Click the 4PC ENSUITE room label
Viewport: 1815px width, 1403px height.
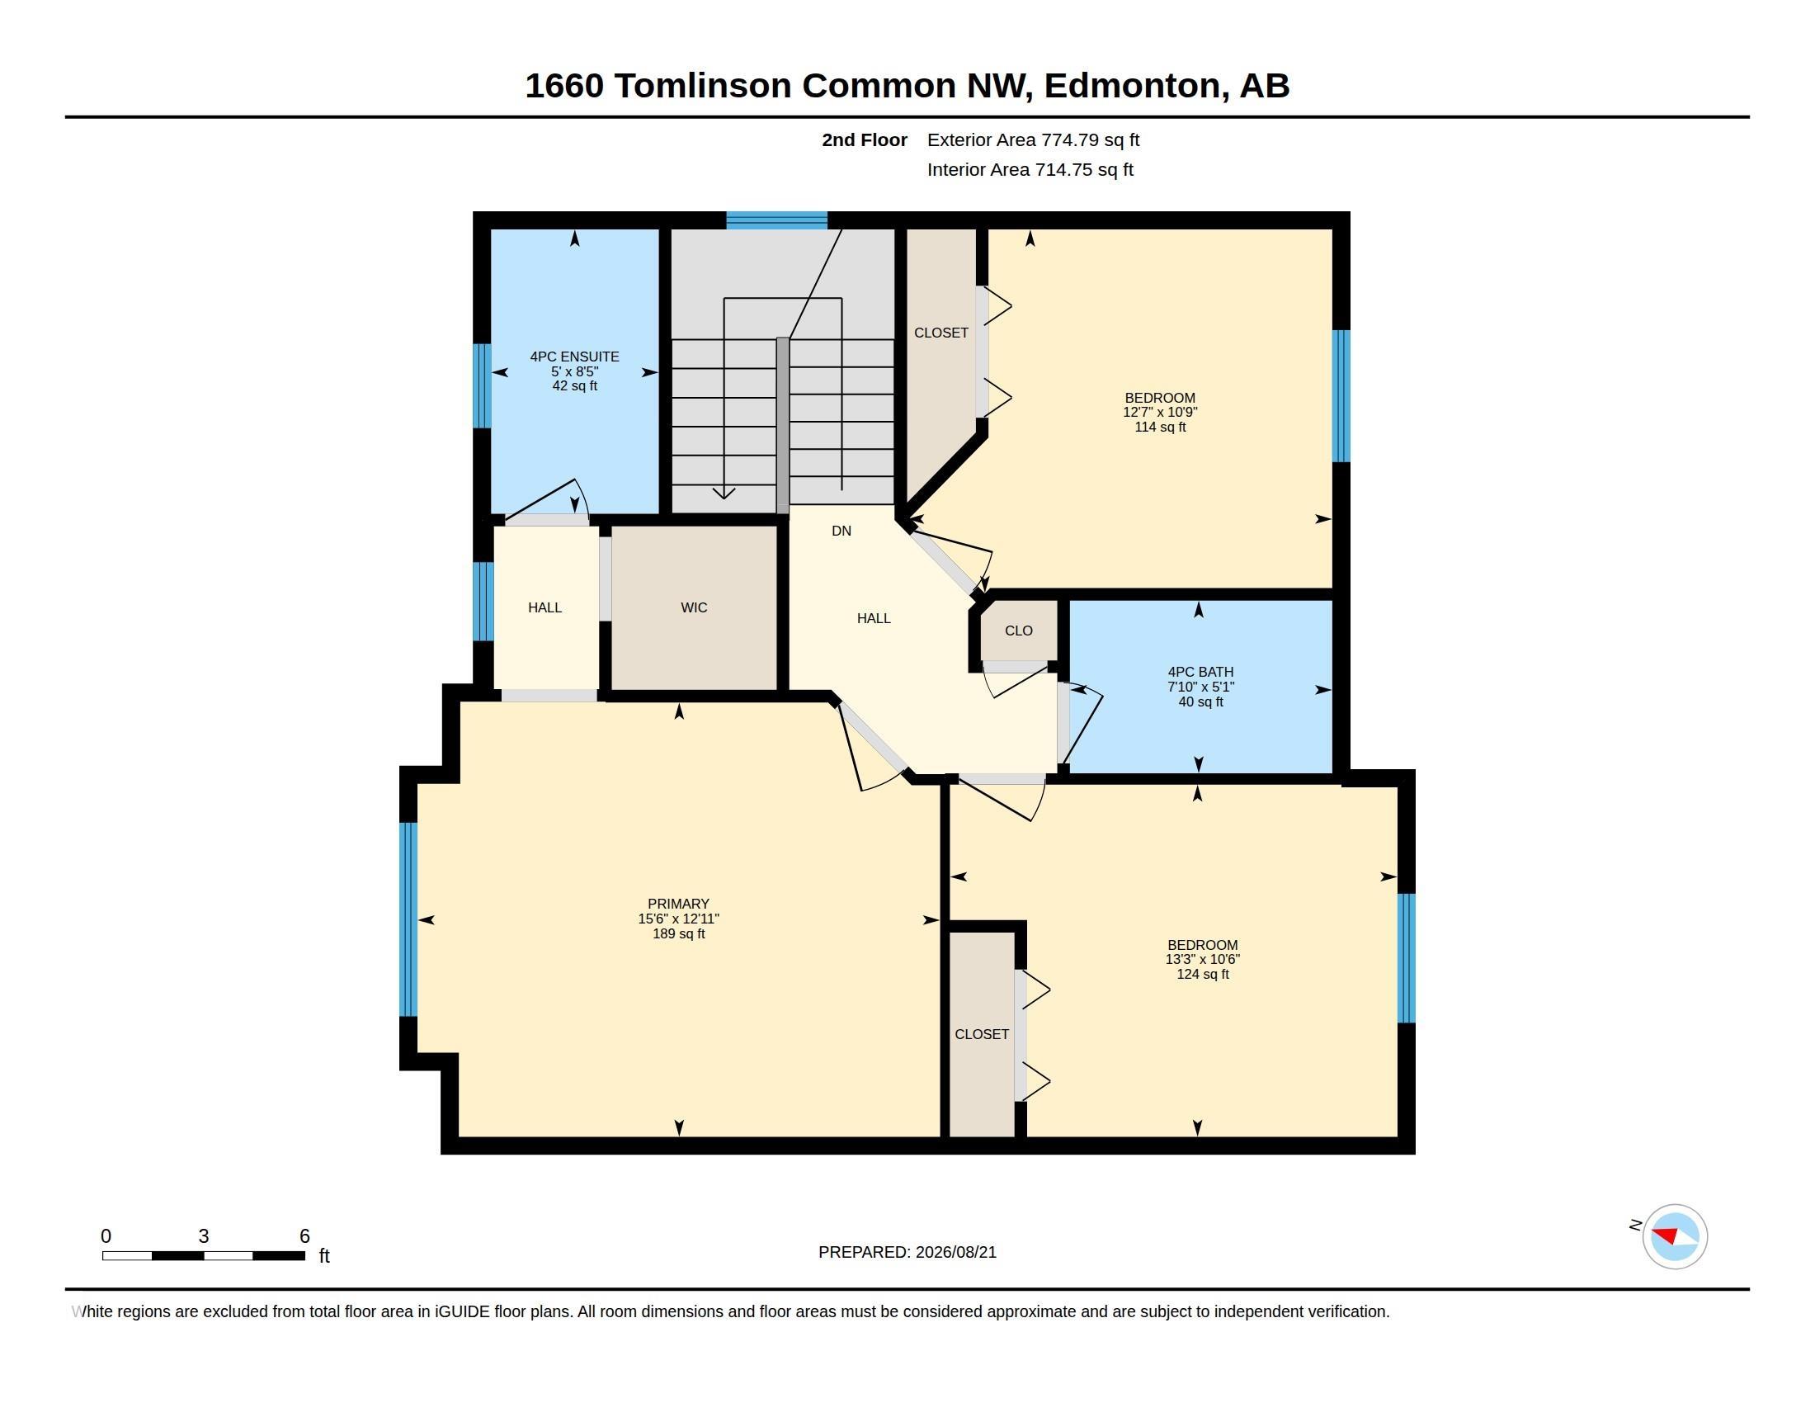click(574, 357)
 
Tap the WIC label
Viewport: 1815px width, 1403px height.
click(694, 607)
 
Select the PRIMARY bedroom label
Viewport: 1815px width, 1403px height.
click(678, 904)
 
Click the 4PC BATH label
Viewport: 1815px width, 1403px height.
click(1200, 672)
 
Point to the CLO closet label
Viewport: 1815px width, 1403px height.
click(1018, 630)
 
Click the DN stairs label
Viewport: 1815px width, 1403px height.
click(841, 531)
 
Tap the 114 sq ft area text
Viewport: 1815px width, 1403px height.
click(1160, 428)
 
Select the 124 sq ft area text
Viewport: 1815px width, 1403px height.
click(1202, 974)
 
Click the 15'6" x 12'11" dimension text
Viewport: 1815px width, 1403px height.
click(678, 919)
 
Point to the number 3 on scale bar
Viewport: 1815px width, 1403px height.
click(204, 1236)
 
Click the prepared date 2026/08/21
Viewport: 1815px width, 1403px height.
click(955, 1252)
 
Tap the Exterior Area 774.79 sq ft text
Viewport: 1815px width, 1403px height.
click(1033, 139)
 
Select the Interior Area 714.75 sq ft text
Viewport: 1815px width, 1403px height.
click(1030, 169)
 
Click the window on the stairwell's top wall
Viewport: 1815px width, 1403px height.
click(777, 220)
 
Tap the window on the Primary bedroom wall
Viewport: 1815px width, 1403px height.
click(408, 919)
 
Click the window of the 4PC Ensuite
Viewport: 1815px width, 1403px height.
click(482, 385)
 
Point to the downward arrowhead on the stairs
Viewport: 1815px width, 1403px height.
click(724, 493)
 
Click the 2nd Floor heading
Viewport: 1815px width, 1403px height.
click(865, 139)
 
